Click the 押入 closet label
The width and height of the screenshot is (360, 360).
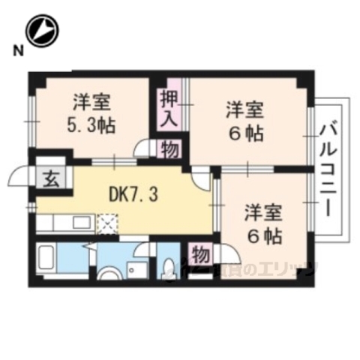tap(168, 107)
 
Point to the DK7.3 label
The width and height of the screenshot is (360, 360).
tap(133, 194)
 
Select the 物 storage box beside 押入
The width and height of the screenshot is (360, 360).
tap(169, 148)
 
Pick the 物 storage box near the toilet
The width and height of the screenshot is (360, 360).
tap(200, 254)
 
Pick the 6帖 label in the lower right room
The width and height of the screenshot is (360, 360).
tap(265, 236)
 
